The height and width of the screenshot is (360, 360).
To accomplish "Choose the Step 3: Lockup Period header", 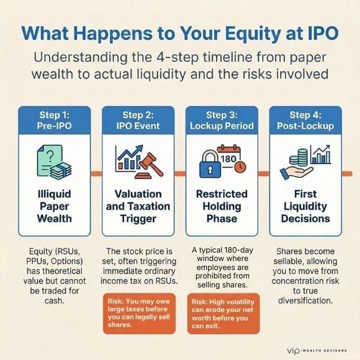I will [x=221, y=119].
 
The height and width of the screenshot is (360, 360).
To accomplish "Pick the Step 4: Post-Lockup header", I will [x=305, y=119].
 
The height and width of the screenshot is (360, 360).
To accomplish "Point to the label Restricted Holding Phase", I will [x=221, y=206].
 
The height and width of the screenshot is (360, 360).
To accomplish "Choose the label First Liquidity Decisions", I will [x=305, y=206].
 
